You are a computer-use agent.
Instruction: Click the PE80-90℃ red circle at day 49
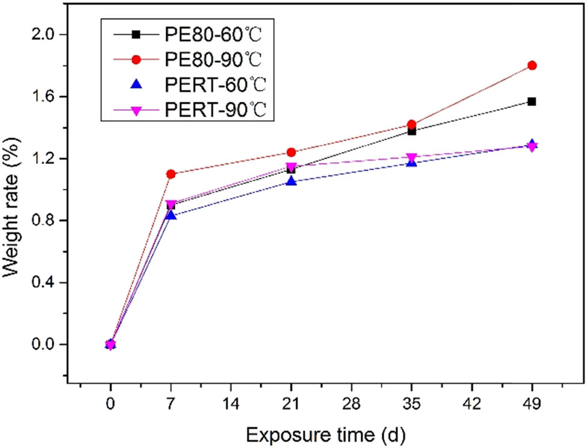tap(532, 65)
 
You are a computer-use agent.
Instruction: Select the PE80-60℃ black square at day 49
tap(532, 101)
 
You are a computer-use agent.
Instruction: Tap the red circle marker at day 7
tap(171, 174)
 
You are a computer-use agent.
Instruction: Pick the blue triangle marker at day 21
tap(291, 181)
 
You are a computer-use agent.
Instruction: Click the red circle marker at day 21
tap(291, 152)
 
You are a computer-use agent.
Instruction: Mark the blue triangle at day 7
tap(171, 215)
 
